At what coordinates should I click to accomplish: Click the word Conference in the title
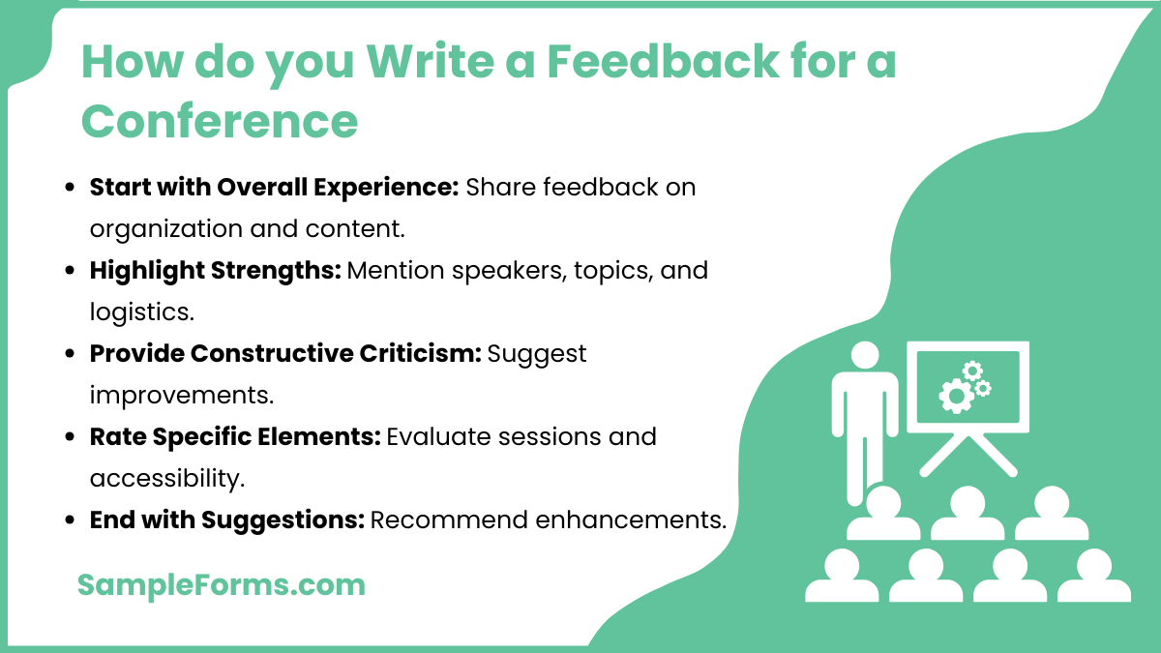[x=220, y=121]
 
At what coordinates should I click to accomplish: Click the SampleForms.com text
[x=221, y=584]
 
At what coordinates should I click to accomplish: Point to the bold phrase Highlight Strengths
[x=215, y=270]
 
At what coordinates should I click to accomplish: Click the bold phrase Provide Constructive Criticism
[x=285, y=353]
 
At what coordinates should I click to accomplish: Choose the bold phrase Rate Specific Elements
[x=235, y=436]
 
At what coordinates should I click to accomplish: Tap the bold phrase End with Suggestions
[x=226, y=519]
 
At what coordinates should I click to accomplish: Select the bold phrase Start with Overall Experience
[x=274, y=187]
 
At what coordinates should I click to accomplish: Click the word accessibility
[x=164, y=478]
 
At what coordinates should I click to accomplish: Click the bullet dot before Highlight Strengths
[x=70, y=271]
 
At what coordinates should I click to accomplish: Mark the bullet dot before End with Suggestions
[x=70, y=520]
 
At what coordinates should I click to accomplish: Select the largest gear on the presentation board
[x=956, y=395]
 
